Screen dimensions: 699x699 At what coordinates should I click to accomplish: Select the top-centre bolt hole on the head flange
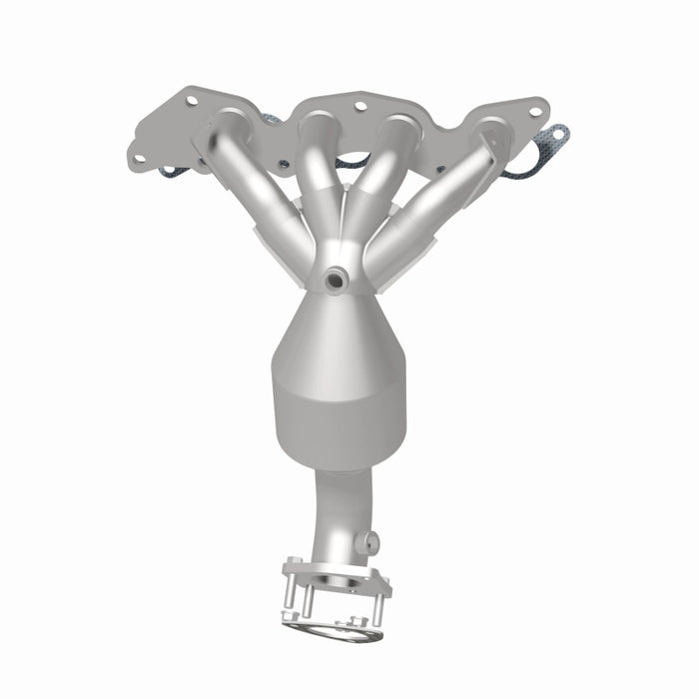point(359,105)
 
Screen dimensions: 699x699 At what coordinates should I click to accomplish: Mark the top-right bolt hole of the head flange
point(535,111)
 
